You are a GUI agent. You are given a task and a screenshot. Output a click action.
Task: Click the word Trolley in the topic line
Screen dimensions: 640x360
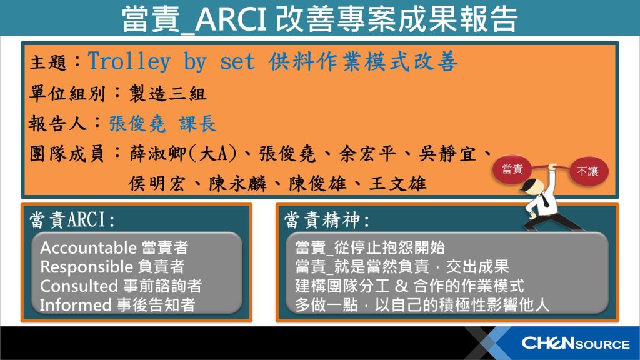coord(129,62)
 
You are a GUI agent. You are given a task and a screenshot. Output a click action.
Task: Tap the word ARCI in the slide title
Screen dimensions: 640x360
coord(231,19)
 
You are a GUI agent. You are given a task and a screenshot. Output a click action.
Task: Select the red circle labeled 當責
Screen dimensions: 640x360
coord(512,169)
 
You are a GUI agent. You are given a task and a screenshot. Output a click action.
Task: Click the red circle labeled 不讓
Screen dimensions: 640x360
coord(589,171)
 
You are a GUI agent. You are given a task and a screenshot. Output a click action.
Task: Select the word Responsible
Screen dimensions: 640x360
coord(86,267)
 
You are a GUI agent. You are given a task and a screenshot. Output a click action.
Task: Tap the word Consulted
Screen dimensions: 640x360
coord(79,286)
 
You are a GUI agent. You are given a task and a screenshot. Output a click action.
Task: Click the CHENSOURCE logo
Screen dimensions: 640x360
coord(576,343)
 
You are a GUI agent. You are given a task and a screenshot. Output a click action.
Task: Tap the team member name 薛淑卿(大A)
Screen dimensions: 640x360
coord(183,154)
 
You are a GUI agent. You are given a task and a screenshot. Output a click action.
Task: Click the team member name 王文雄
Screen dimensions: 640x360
coord(398,184)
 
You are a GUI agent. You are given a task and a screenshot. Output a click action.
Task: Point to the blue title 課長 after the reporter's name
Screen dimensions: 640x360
coord(197,123)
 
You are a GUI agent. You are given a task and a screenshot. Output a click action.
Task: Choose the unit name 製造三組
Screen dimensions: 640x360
coord(167,94)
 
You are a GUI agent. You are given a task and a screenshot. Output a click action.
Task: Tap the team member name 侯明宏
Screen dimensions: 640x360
coord(157,184)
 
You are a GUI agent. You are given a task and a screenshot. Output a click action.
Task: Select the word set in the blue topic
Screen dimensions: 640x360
coord(237,62)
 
